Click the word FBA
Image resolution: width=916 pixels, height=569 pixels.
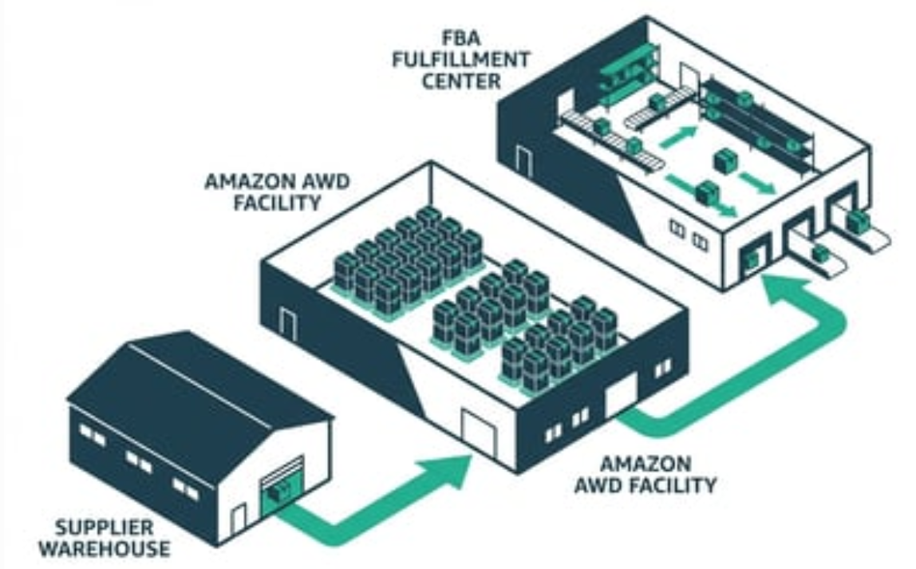pyautogui.click(x=461, y=38)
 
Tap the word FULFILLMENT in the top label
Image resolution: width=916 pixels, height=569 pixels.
pyautogui.click(x=460, y=60)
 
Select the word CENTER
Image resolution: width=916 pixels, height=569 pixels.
pyautogui.click(x=461, y=81)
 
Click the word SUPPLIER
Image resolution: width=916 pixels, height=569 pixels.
pyautogui.click(x=104, y=528)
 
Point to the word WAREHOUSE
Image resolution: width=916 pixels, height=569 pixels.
pyautogui.click(x=105, y=549)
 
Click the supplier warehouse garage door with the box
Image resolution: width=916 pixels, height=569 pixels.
pyautogui.click(x=283, y=485)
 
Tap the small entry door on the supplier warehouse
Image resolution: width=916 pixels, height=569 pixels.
pyautogui.click(x=239, y=518)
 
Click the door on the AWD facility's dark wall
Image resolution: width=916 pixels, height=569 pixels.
pyautogui.click(x=288, y=324)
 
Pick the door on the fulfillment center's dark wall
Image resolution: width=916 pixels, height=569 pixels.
pyautogui.click(x=524, y=160)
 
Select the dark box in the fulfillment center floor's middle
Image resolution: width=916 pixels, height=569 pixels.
pyautogui.click(x=725, y=160)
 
